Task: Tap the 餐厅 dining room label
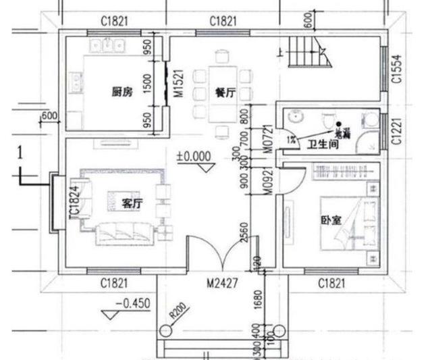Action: tap(225, 94)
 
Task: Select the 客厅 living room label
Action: tap(132, 203)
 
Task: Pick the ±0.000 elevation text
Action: tap(194, 155)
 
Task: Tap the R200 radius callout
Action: tap(178, 311)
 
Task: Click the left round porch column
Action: tap(166, 331)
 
